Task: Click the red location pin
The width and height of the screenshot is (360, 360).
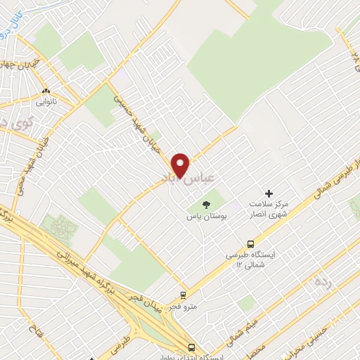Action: [181, 165]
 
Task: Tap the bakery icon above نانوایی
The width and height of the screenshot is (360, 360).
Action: [46, 91]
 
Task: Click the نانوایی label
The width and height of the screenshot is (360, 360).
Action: [46, 103]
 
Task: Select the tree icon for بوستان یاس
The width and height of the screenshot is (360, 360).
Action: [205, 203]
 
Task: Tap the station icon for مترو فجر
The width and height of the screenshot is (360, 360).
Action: [183, 295]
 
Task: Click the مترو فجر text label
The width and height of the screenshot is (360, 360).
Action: [183, 307]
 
